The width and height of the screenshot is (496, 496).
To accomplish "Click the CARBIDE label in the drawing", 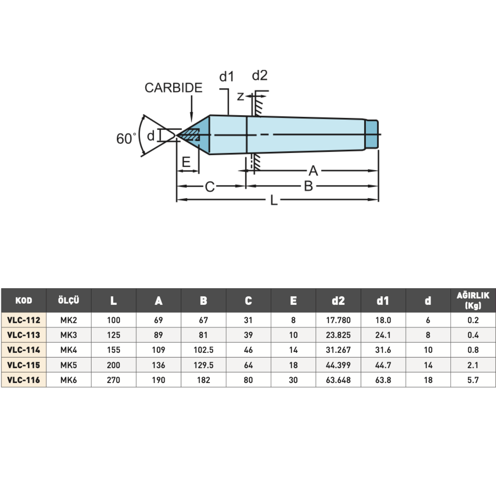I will [173, 88].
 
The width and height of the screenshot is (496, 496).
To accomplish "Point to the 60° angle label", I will [126, 139].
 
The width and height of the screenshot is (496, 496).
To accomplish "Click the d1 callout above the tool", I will [227, 77].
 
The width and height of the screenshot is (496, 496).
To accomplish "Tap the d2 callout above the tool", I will [260, 76].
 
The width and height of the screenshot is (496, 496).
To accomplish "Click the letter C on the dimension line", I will [210, 187].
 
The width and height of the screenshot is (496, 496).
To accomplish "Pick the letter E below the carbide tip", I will [186, 162].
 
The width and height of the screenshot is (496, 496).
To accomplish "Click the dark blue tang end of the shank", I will [372, 135].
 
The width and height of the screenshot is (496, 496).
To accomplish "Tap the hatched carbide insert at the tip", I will [189, 135].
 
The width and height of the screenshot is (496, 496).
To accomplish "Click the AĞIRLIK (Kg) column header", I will [473, 300].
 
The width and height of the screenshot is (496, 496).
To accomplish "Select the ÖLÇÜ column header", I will [68, 300].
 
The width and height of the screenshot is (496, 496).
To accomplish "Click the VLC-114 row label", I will [23, 350].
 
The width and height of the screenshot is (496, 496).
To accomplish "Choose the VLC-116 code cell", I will [23, 380].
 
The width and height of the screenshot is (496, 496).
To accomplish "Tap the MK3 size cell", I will [68, 335].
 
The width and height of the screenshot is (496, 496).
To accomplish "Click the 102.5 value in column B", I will [203, 350].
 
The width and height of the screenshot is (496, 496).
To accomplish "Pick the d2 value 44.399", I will [338, 365].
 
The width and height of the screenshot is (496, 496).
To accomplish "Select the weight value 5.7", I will [473, 380].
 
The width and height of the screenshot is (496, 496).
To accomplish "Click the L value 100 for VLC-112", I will [113, 320].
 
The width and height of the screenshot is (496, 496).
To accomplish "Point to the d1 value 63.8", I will [383, 380].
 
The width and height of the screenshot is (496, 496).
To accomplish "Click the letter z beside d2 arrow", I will [240, 97].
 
